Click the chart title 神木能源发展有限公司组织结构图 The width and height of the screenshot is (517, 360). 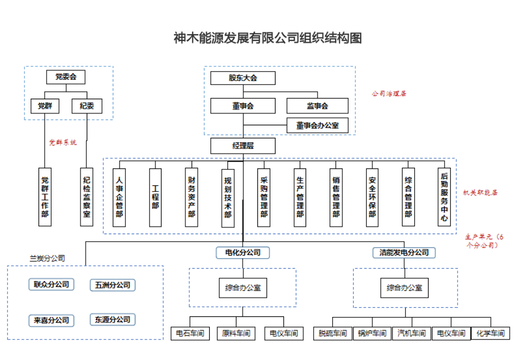(x=268, y=38)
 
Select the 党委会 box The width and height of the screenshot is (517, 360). (x=66, y=77)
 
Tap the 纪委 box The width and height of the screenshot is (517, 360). (x=87, y=106)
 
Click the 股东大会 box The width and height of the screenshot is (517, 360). (x=243, y=78)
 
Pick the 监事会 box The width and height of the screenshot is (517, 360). (x=317, y=105)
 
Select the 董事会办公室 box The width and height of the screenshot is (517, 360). (x=317, y=125)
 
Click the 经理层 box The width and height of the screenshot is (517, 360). (x=243, y=146)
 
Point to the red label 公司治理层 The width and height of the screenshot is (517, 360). (x=389, y=93)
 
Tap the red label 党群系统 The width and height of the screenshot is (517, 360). (x=62, y=142)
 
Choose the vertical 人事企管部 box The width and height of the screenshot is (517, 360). (x=119, y=197)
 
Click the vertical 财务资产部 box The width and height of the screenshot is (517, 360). (x=192, y=197)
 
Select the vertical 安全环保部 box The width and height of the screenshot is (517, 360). (x=372, y=197)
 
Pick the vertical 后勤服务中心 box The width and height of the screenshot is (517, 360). (x=444, y=197)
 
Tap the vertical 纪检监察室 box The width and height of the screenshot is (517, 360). (x=87, y=197)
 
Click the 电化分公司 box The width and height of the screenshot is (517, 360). (x=243, y=252)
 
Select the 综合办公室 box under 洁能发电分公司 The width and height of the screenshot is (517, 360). (x=404, y=287)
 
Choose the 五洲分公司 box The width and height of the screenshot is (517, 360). (x=113, y=285)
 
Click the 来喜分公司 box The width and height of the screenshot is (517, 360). (x=51, y=320)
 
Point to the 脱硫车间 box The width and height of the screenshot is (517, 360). (x=332, y=333)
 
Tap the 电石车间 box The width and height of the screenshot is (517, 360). (x=189, y=333)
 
